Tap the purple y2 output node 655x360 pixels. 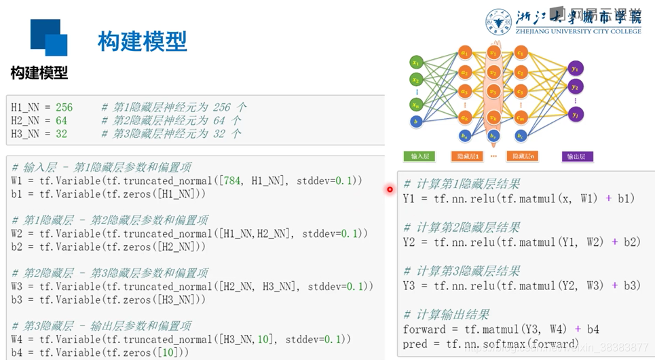[575, 87]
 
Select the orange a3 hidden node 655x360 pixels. [465, 91]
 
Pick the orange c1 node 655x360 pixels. [521, 52]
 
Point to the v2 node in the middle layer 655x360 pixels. [493, 71]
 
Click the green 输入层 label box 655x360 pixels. [420, 156]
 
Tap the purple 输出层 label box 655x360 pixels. [578, 156]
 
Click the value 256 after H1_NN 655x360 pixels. [64, 107]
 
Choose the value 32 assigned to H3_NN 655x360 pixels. [61, 134]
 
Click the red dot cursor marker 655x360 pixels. [390, 190]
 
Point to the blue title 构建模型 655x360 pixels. [142, 41]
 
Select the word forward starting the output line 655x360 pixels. [424, 329]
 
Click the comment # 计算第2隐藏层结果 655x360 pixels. [462, 228]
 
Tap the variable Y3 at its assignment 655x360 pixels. [409, 286]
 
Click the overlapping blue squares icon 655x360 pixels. [49, 37]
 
